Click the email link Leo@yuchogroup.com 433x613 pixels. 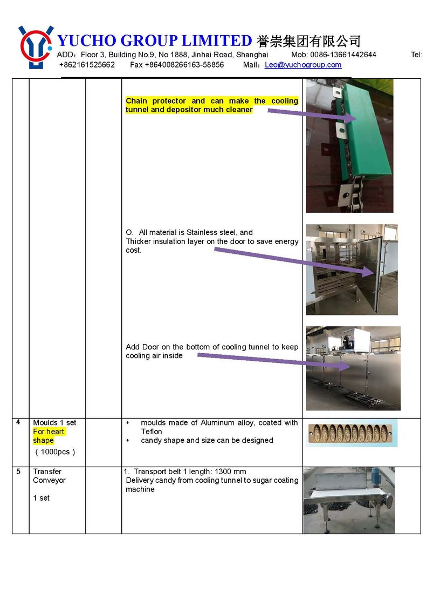(x=303, y=65)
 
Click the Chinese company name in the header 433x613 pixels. (x=308, y=41)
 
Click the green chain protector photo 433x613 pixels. (x=349, y=146)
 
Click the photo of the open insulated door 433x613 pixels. (x=352, y=270)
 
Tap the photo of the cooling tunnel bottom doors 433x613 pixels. (x=353, y=368)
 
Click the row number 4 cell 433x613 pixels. (x=19, y=422)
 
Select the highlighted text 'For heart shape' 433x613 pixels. (x=48, y=436)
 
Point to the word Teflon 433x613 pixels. (x=152, y=432)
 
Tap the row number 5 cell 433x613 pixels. (x=19, y=471)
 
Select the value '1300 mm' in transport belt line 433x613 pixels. (x=232, y=471)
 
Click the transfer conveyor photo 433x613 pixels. (x=348, y=501)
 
